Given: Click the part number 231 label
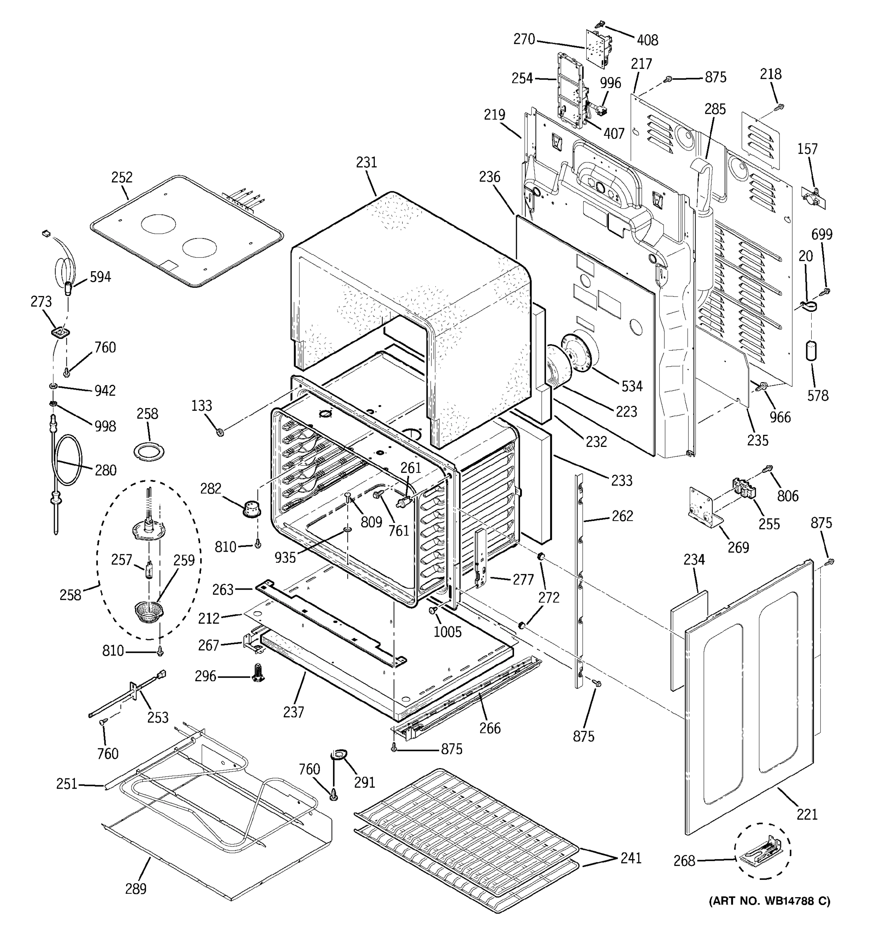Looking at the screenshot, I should click(x=366, y=163).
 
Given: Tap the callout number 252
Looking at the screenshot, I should click(x=122, y=178).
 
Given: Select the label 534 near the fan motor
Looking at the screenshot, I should click(x=632, y=386).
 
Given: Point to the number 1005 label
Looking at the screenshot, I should click(x=447, y=632).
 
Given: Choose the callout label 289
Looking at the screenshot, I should click(x=136, y=888).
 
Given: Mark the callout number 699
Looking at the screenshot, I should click(x=822, y=234).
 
